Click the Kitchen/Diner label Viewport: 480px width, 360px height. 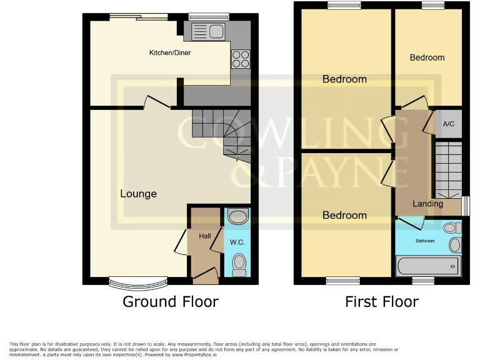click(169, 52)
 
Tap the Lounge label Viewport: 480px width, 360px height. click(138, 194)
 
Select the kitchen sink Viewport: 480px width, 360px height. click(209, 30)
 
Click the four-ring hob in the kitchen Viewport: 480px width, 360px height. click(241, 58)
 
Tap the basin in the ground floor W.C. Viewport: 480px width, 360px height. click(237, 217)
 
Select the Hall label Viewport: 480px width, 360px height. click(204, 236)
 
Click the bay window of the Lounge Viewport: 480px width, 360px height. click(132, 284)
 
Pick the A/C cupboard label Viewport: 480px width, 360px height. click(448, 124)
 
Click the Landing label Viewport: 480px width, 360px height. click(427, 204)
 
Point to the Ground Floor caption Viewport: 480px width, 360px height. click(171, 302)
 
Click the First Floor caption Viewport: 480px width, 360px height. click(382, 302)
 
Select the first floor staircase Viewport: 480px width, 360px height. click(447, 169)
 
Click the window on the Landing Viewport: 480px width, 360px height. click(466, 206)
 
